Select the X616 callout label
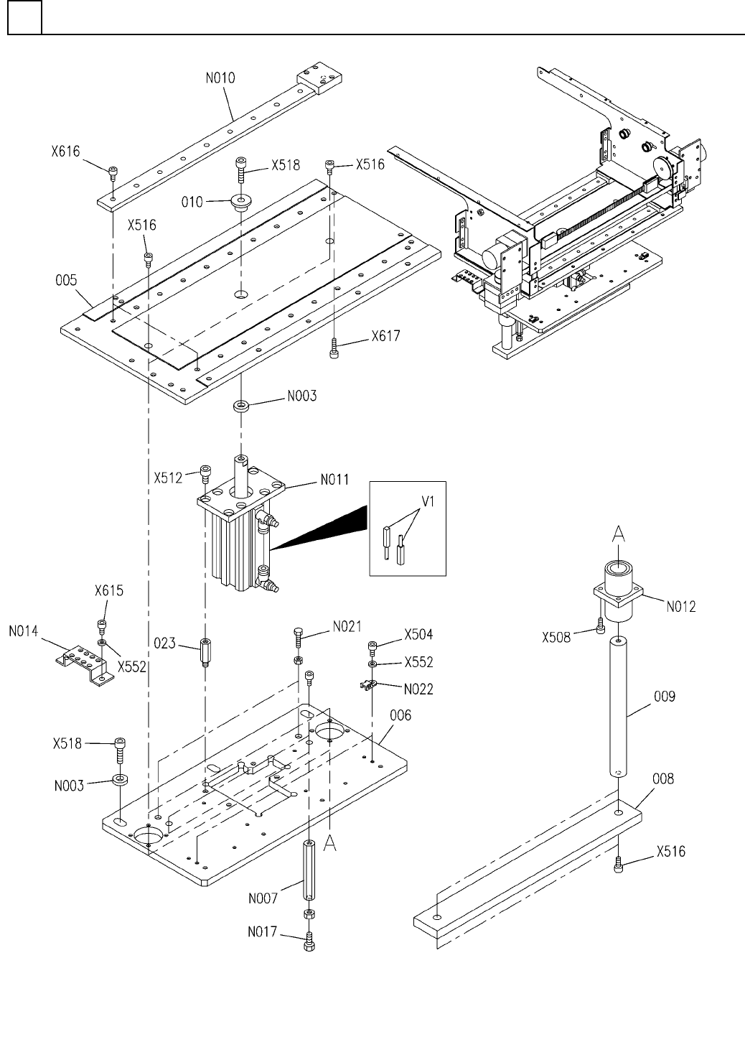click(x=65, y=152)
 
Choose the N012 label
click(x=681, y=607)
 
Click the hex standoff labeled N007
click(x=309, y=870)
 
